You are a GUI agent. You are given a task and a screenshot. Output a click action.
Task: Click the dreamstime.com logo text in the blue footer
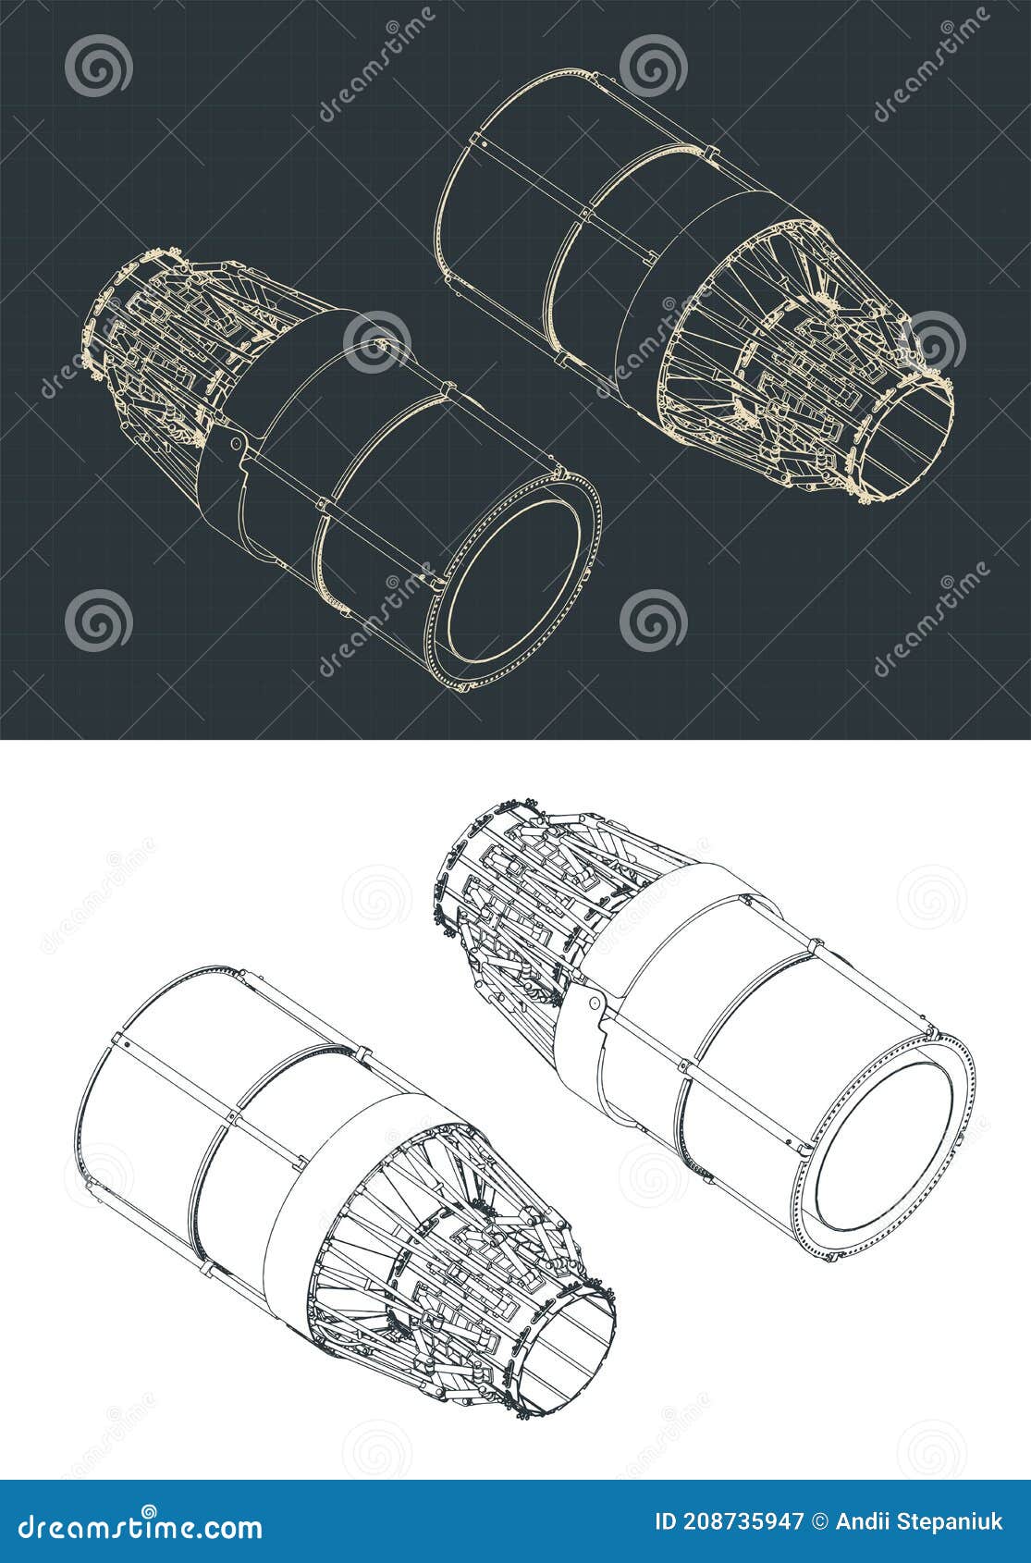tap(141, 1522)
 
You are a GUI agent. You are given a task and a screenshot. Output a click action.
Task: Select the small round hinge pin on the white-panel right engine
tap(595, 1003)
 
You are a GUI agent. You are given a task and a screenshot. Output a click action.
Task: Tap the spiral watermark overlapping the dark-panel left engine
tap(376, 342)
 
